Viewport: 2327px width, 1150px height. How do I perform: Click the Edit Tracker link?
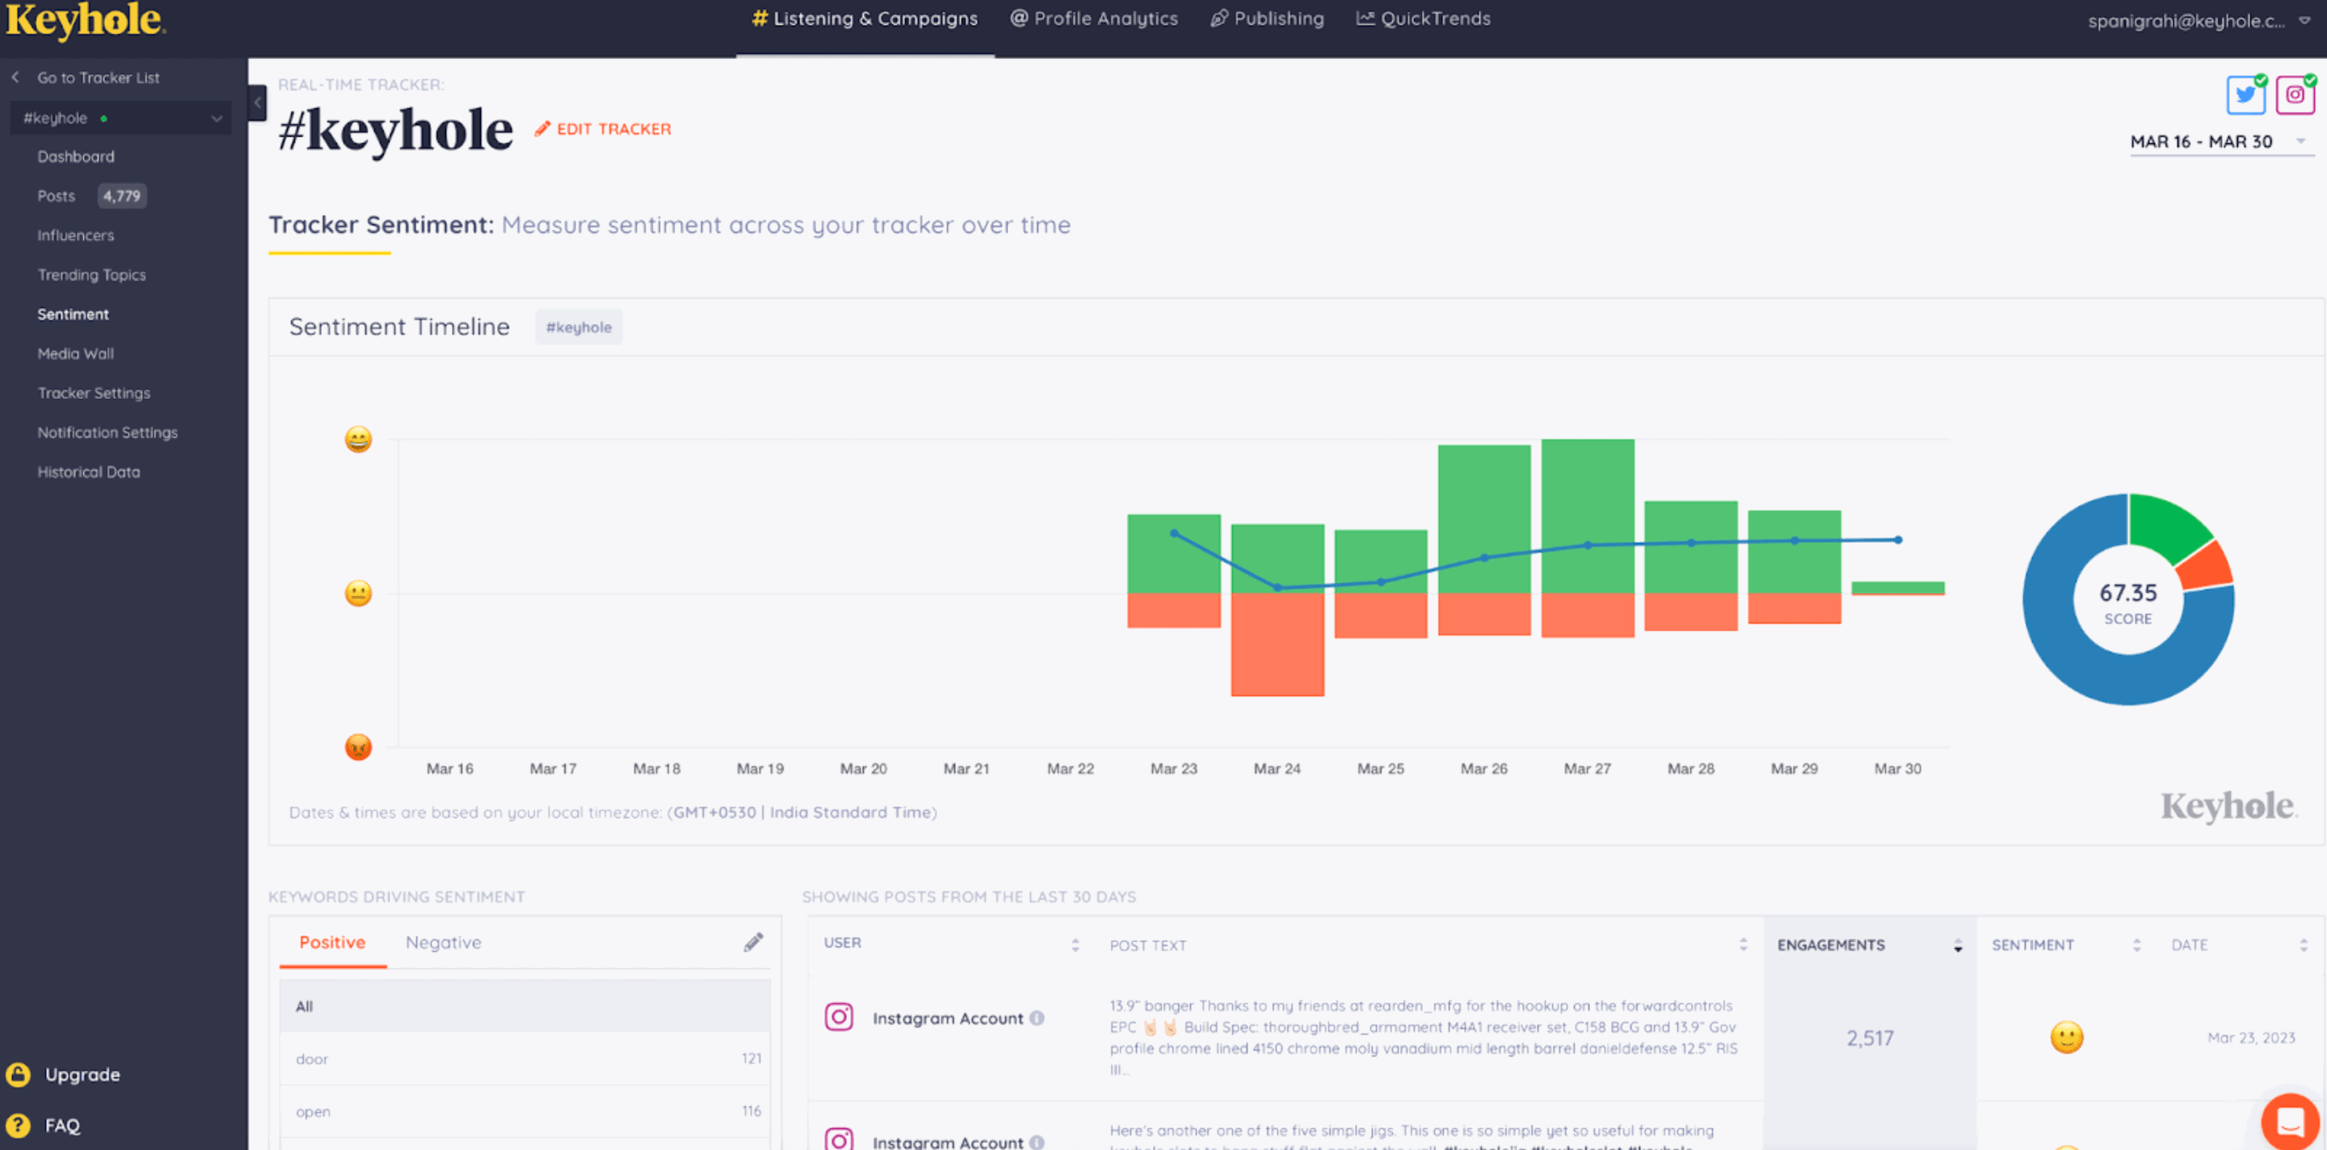[x=603, y=129]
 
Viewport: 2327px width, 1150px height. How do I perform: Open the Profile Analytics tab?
[x=1094, y=19]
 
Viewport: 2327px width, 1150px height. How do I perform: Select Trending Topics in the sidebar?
[x=91, y=275]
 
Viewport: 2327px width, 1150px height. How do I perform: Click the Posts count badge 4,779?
[x=121, y=196]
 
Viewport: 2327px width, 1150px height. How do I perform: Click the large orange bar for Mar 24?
[x=1277, y=643]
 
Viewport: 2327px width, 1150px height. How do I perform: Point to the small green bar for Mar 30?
[x=1897, y=588]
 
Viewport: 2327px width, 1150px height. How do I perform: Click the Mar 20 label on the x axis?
[x=863, y=769]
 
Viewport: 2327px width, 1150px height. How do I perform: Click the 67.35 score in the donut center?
[x=2128, y=593]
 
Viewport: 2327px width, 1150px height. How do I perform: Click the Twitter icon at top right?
[x=2245, y=95]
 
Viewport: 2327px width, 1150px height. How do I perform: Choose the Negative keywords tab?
[x=443, y=942]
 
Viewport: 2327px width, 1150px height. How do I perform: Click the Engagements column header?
[x=1831, y=945]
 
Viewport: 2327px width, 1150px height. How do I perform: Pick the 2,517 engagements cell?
[x=1869, y=1038]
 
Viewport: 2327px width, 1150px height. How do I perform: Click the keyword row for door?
[x=524, y=1059]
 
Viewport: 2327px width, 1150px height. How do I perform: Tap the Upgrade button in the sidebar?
[x=81, y=1074]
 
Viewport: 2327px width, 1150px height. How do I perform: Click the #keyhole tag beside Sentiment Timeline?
[x=578, y=327]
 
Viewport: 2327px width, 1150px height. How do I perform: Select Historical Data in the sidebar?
[x=89, y=472]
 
